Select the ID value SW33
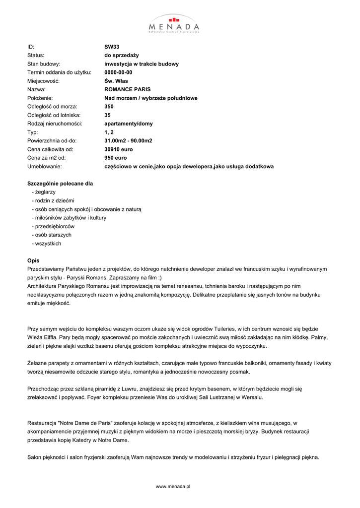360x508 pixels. [x=112, y=47]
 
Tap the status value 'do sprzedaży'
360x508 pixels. [x=122, y=56]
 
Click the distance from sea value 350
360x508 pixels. [x=109, y=107]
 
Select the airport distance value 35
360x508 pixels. [x=107, y=115]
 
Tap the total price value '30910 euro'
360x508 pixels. [x=119, y=149]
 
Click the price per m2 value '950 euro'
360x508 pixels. [x=115, y=158]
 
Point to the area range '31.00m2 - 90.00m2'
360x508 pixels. [x=128, y=140]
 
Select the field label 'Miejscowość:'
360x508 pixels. [x=43, y=81]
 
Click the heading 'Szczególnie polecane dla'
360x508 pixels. [x=60, y=184]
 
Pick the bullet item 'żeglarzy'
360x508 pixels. [x=45, y=191]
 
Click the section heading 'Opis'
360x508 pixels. [x=33, y=260]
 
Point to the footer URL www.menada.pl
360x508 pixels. [x=173, y=487]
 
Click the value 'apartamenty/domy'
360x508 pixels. [x=129, y=124]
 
